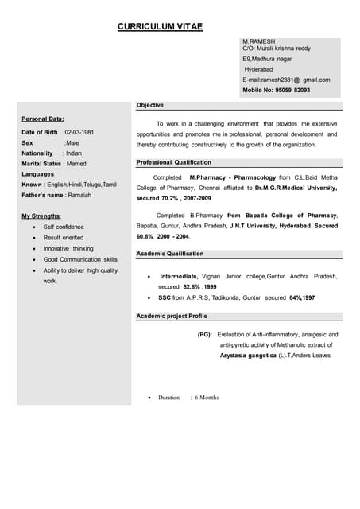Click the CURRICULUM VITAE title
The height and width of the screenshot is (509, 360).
click(160, 27)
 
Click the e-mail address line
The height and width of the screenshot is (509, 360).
click(286, 80)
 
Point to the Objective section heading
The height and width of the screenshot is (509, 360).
click(149, 105)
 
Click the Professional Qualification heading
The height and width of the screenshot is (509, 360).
click(173, 161)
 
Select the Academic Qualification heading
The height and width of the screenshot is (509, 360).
click(169, 254)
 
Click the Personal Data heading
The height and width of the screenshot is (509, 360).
click(43, 119)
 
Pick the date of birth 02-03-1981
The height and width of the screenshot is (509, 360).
click(79, 131)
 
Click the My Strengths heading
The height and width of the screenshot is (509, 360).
click(41, 216)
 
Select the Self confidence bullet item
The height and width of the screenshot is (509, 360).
click(64, 227)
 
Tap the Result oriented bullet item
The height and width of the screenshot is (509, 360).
click(63, 238)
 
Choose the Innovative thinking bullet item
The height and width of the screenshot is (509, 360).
click(68, 248)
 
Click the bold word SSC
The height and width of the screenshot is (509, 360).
click(165, 297)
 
